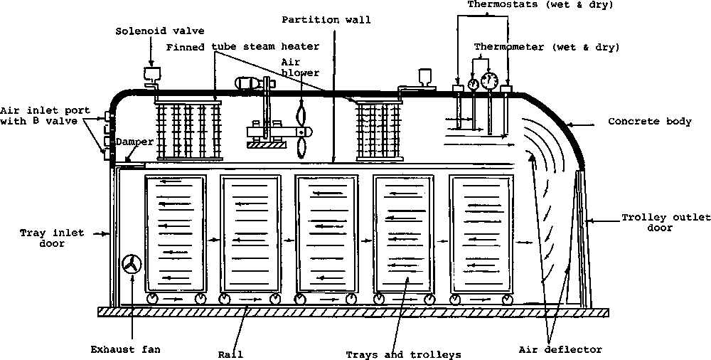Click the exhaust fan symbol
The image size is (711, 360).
coord(132,265)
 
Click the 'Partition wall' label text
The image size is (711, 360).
coord(326,20)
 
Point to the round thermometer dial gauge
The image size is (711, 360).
coord(489,80)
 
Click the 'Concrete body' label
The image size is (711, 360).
coord(649,122)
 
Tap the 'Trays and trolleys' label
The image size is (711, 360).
coord(403,354)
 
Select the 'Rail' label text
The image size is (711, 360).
coord(231,354)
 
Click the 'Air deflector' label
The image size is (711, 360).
coord(560,349)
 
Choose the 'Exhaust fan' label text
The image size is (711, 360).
coord(126,349)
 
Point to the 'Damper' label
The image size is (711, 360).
coord(135,142)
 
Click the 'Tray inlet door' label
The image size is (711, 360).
coord(42,238)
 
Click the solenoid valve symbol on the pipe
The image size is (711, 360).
coord(151,74)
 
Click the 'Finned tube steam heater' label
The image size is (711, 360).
coord(242,47)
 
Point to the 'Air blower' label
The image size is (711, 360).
coord(300,67)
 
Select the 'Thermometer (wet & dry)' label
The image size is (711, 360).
coord(547,48)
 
